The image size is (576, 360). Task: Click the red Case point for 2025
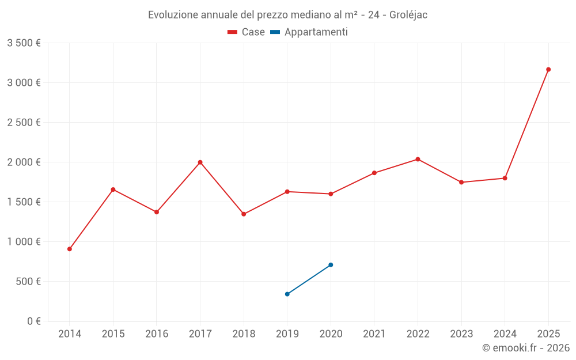tap(548, 70)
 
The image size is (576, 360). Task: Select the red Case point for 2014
tap(70, 249)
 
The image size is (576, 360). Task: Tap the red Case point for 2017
tap(200, 162)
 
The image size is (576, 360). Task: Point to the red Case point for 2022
tap(418, 159)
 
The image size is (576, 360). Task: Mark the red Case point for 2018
tap(244, 214)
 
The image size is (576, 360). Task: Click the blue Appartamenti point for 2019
tap(287, 294)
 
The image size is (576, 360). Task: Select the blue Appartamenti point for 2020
tap(331, 265)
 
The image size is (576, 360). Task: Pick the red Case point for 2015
tap(113, 190)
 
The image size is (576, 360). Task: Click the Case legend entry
tap(247, 32)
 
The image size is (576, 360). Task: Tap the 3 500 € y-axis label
tap(24, 43)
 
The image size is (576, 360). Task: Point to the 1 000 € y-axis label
tap(24, 242)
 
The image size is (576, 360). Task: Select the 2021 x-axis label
tap(374, 334)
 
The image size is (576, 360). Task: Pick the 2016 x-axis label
tap(157, 334)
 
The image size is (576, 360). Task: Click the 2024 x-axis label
tap(505, 334)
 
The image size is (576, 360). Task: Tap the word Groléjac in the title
tap(408, 14)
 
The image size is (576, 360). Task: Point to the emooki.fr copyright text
tap(525, 348)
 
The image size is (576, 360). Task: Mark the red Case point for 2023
tap(461, 182)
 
